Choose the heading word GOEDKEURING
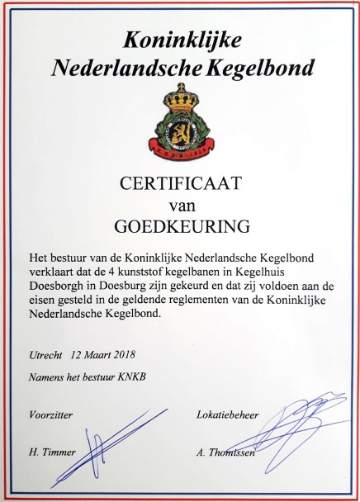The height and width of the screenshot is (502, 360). tap(180, 225)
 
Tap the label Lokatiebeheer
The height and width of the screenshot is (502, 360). tap(228, 413)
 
